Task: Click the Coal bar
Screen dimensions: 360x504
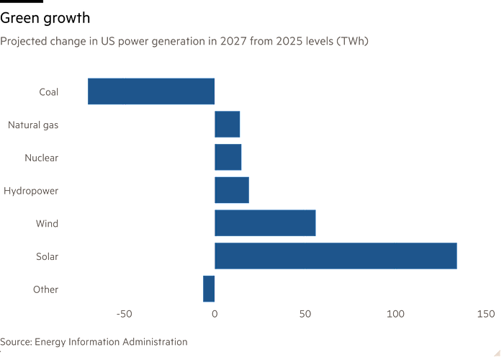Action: [x=150, y=91]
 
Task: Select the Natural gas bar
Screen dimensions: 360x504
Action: [x=227, y=125]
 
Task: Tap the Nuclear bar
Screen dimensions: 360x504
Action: [x=228, y=157]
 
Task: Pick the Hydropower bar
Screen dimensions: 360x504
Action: [x=232, y=190]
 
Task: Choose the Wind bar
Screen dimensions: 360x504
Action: [x=265, y=223]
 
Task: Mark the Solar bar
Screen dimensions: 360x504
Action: [x=336, y=256]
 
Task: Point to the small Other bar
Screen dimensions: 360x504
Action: [x=208, y=289]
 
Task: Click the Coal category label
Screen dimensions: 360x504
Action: [x=48, y=91]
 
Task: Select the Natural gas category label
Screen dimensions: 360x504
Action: [x=32, y=125]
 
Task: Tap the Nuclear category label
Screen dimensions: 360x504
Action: [x=41, y=158]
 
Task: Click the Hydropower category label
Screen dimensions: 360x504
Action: [x=31, y=191]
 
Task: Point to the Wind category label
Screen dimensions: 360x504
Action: [x=47, y=223]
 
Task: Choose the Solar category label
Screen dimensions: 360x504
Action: [x=47, y=256]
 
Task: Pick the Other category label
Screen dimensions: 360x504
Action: [x=45, y=289]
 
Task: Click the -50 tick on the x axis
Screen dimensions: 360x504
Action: [x=125, y=314]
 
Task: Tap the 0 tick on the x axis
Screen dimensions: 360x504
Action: [x=215, y=314]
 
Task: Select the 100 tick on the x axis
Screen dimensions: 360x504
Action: [x=395, y=314]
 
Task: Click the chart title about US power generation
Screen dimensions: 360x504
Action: [x=184, y=41]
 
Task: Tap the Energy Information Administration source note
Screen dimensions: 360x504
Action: [x=94, y=342]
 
